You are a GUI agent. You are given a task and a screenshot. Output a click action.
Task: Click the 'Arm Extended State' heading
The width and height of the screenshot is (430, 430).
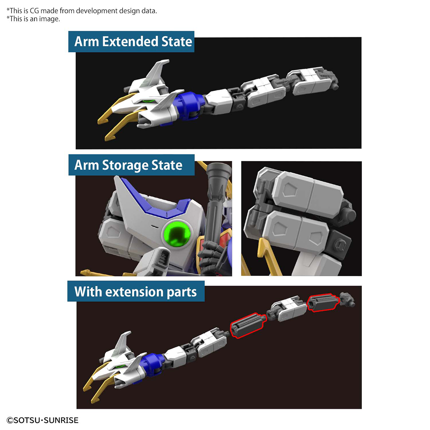(x=133, y=42)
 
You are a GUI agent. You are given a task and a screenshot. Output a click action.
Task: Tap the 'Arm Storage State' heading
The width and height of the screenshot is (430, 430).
(x=128, y=165)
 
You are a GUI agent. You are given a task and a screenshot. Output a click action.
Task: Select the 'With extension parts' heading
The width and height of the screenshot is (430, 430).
(x=135, y=292)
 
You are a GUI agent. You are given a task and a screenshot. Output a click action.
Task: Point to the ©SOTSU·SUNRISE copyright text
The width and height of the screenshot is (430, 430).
(x=42, y=420)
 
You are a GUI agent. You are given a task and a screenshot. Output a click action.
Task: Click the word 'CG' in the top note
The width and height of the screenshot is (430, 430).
(x=34, y=11)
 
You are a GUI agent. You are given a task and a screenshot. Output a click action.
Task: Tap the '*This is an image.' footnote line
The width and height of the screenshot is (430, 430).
(x=33, y=19)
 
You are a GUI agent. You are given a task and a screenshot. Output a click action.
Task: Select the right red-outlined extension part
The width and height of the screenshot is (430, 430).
(x=323, y=303)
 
